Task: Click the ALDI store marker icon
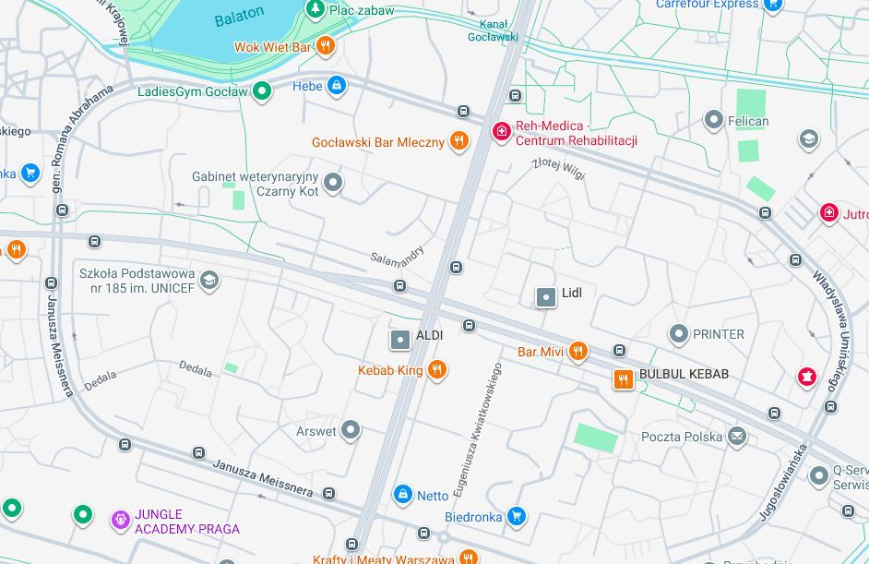tap(400, 340)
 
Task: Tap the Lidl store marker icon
tap(546, 296)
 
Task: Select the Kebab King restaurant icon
tap(437, 370)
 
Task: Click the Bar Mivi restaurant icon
tap(578, 351)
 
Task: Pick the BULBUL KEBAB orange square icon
tap(624, 378)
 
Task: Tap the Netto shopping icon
tap(402, 495)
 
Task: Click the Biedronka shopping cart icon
tap(518, 516)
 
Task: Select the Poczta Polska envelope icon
tap(736, 436)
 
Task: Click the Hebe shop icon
tap(336, 86)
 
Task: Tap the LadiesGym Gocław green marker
tap(263, 90)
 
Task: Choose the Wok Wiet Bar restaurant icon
tap(324, 45)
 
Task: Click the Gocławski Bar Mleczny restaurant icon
tap(458, 141)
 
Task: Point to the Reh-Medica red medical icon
tap(501, 132)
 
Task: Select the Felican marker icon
tap(713, 120)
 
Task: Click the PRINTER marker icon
tap(679, 333)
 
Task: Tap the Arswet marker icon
tap(351, 430)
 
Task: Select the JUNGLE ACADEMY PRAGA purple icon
tap(120, 521)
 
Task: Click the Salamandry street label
tap(398, 252)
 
